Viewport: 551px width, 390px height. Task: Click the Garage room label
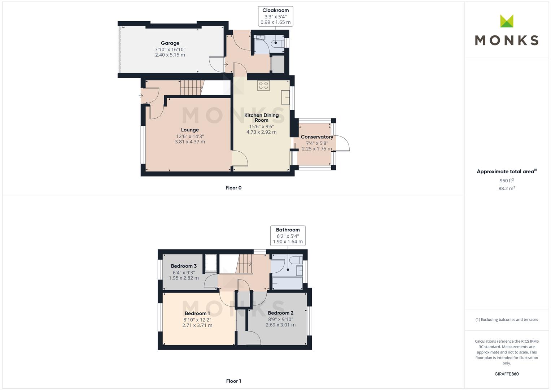click(170, 43)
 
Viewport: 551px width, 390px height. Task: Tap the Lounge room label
click(190, 130)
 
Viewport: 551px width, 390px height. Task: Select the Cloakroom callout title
click(276, 10)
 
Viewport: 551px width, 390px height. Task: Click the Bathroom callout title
click(288, 230)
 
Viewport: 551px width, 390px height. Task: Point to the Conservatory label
click(317, 137)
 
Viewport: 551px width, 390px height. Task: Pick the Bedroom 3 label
click(184, 266)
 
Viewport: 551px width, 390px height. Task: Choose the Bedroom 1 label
click(197, 313)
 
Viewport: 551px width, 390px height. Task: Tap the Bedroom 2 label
click(281, 313)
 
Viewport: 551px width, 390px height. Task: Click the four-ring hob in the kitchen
click(263, 86)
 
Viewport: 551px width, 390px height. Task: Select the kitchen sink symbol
click(285, 98)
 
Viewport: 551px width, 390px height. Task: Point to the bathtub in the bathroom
click(287, 283)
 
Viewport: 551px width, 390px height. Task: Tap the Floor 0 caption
click(233, 188)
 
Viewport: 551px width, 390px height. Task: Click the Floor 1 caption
click(233, 381)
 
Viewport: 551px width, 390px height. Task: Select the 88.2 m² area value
click(507, 188)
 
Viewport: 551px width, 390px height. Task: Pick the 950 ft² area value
click(507, 181)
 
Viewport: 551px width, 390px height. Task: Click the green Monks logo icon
click(507, 21)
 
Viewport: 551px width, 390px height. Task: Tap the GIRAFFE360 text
click(507, 374)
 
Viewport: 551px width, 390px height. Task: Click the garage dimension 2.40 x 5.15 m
click(170, 55)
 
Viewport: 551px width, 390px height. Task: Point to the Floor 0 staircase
click(192, 87)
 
